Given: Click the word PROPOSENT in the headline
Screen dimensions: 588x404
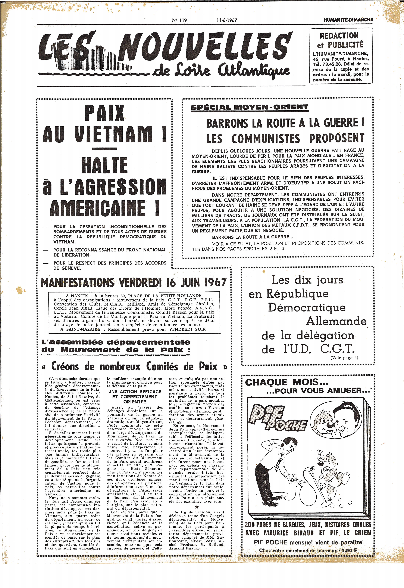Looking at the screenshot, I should (336, 138).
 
